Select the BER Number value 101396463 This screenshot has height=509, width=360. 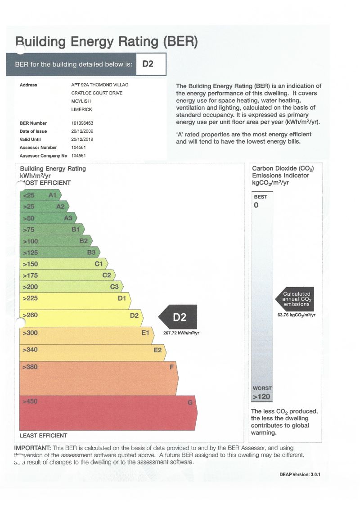82,123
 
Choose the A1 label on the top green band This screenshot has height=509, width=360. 52,195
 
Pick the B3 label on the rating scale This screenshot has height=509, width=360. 91,252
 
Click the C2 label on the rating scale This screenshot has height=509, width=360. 107,275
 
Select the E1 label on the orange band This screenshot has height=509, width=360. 145,333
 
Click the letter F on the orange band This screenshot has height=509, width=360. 171,367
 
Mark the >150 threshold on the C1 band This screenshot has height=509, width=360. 31,264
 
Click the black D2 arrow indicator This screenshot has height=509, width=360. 179,317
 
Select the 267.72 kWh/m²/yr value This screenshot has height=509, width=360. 181,333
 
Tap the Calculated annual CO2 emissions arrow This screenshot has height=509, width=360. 295,299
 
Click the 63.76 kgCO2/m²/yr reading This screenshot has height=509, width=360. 297,315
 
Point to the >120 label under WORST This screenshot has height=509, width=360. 261,397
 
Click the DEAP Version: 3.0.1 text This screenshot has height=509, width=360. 300,475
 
